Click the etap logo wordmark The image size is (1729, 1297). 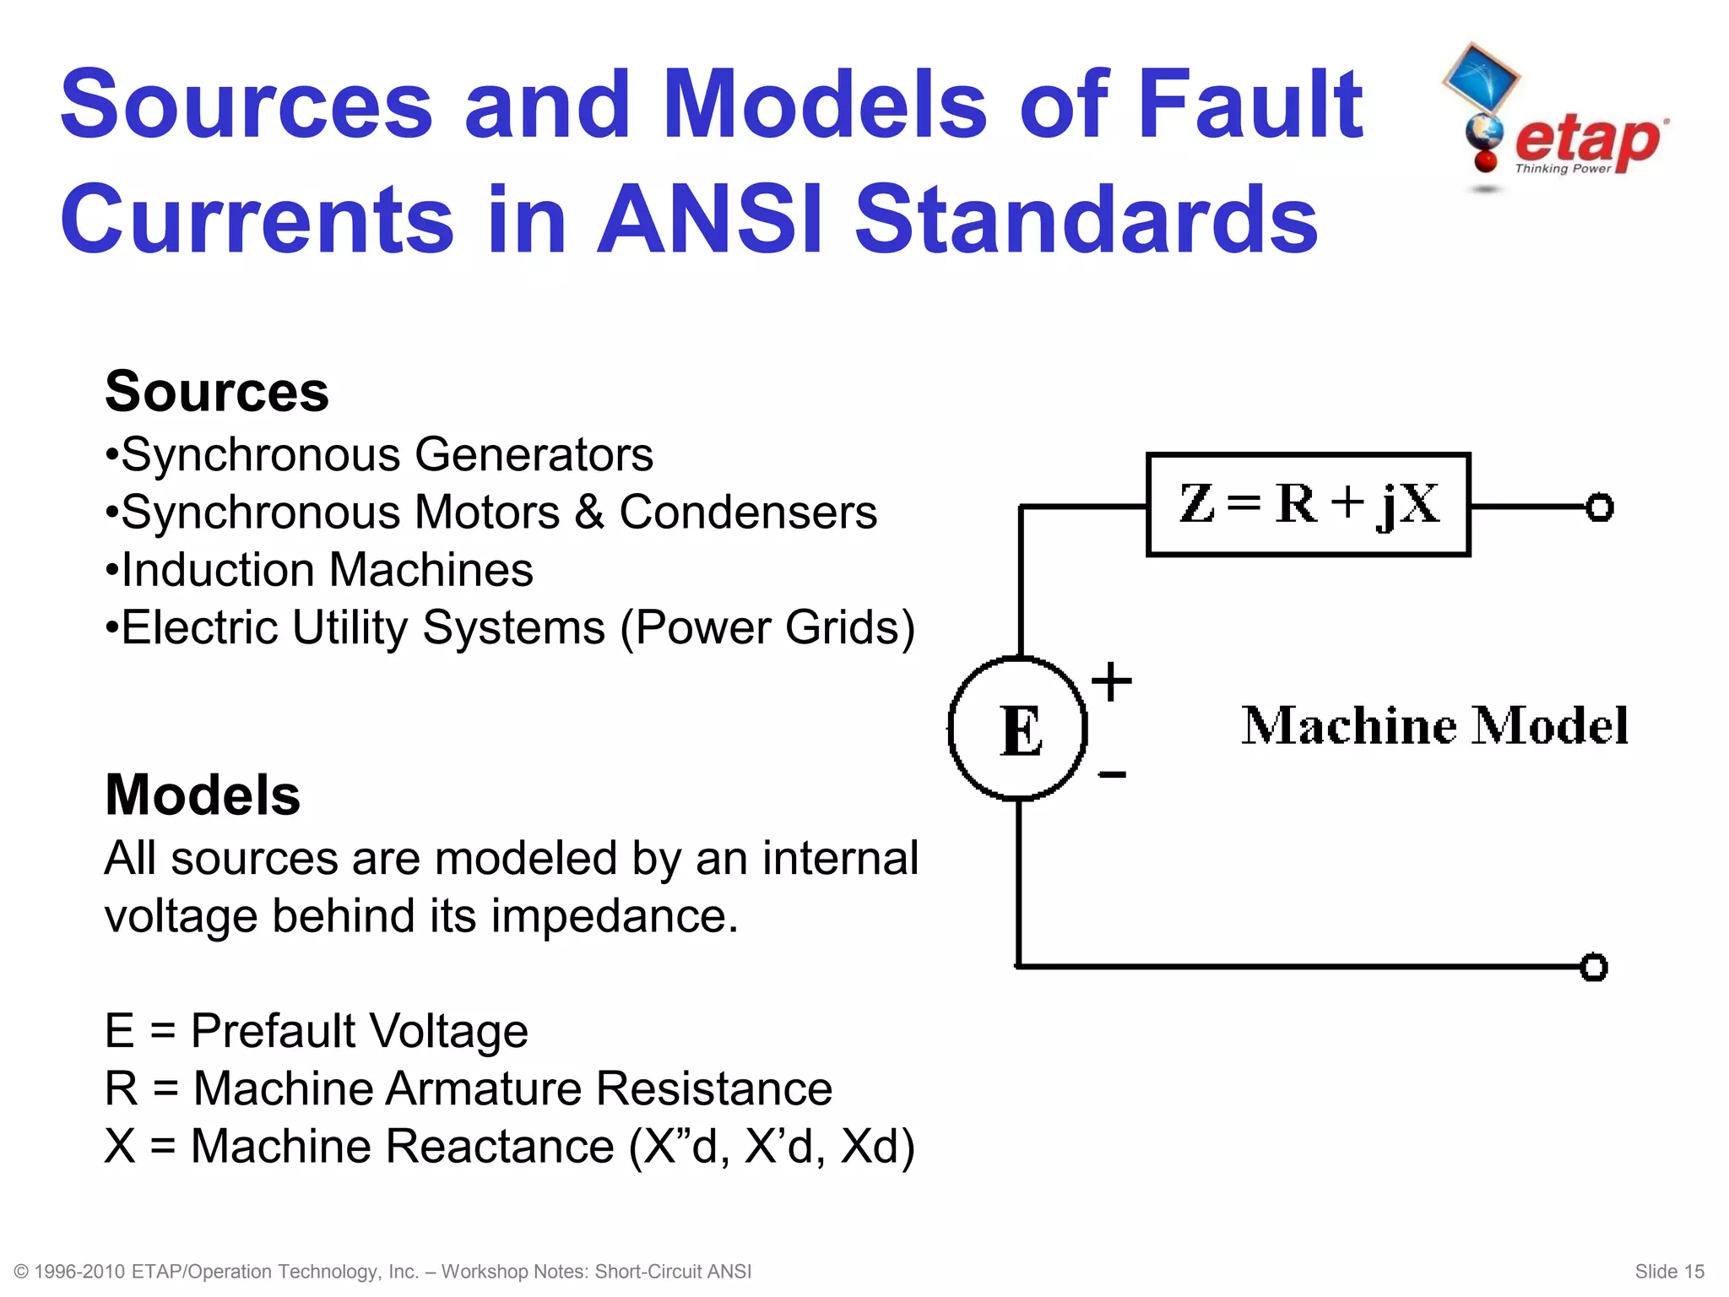click(x=1587, y=142)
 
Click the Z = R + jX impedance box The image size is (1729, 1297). click(x=1308, y=505)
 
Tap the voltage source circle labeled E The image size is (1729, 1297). click(x=1018, y=729)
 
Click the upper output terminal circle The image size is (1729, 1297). click(x=1599, y=507)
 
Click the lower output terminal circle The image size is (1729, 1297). click(x=1593, y=967)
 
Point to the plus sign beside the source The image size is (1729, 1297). click(x=1111, y=681)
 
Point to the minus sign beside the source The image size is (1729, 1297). click(x=1112, y=774)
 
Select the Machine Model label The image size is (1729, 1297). click(x=1434, y=726)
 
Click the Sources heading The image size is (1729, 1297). click(x=217, y=393)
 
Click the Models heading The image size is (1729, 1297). click(x=203, y=795)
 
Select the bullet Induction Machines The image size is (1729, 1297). click(x=319, y=570)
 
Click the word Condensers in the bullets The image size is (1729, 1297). click(x=748, y=513)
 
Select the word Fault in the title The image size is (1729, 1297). click(x=1249, y=105)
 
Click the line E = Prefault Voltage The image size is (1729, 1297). click(x=317, y=1031)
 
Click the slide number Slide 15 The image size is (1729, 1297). click(x=1669, y=1272)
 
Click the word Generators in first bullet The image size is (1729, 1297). click(x=534, y=455)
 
